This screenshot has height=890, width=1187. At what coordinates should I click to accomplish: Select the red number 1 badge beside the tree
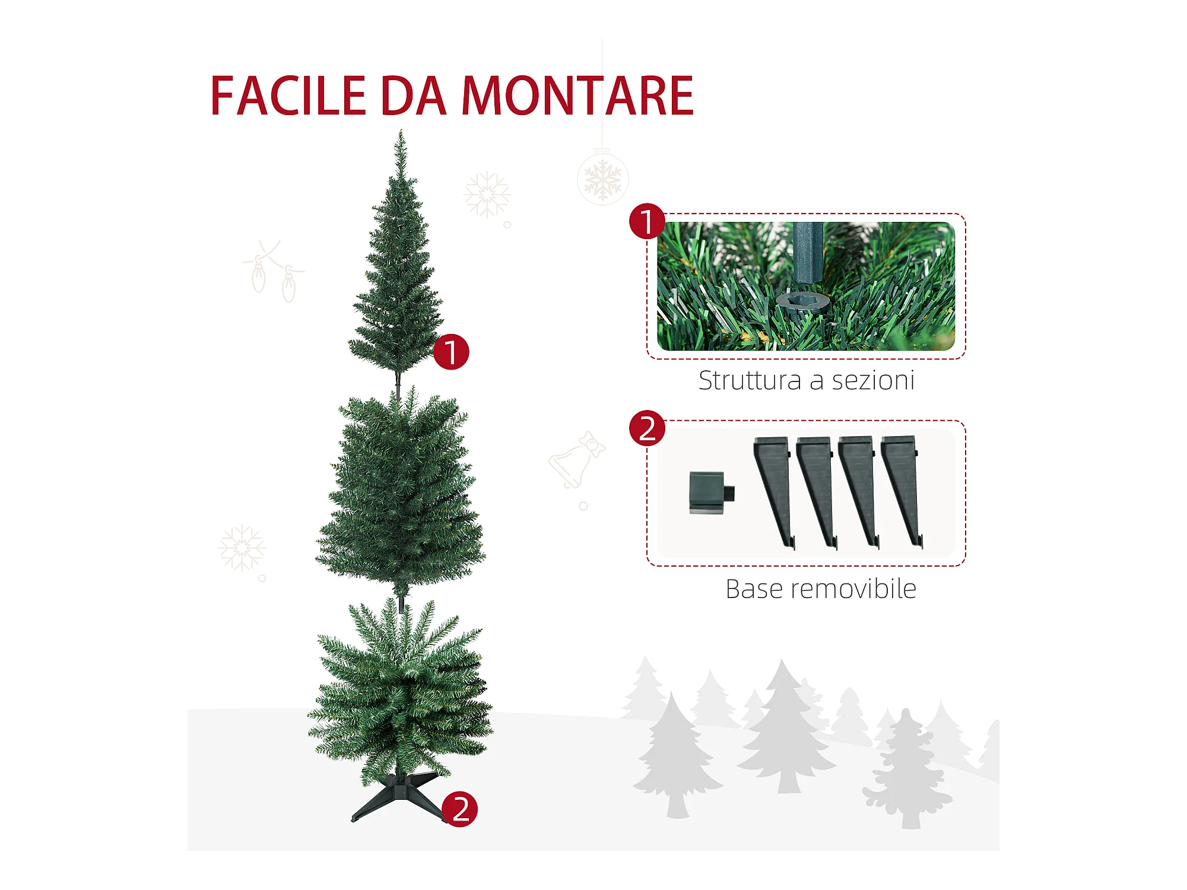click(x=451, y=352)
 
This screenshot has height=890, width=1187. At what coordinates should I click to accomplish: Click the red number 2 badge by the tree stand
click(x=459, y=809)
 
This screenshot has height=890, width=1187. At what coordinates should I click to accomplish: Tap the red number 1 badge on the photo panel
click(x=647, y=221)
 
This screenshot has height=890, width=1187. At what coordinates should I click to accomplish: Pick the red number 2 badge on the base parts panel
click(x=647, y=428)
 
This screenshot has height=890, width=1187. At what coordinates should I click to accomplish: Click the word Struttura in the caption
click(x=750, y=380)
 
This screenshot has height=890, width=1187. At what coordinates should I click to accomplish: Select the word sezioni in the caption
click(x=873, y=380)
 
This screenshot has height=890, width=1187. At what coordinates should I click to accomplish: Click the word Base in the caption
click(x=752, y=589)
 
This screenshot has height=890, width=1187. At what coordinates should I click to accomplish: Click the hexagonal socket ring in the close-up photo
click(x=802, y=302)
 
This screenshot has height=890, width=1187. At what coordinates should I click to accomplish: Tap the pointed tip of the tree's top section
click(x=401, y=131)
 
